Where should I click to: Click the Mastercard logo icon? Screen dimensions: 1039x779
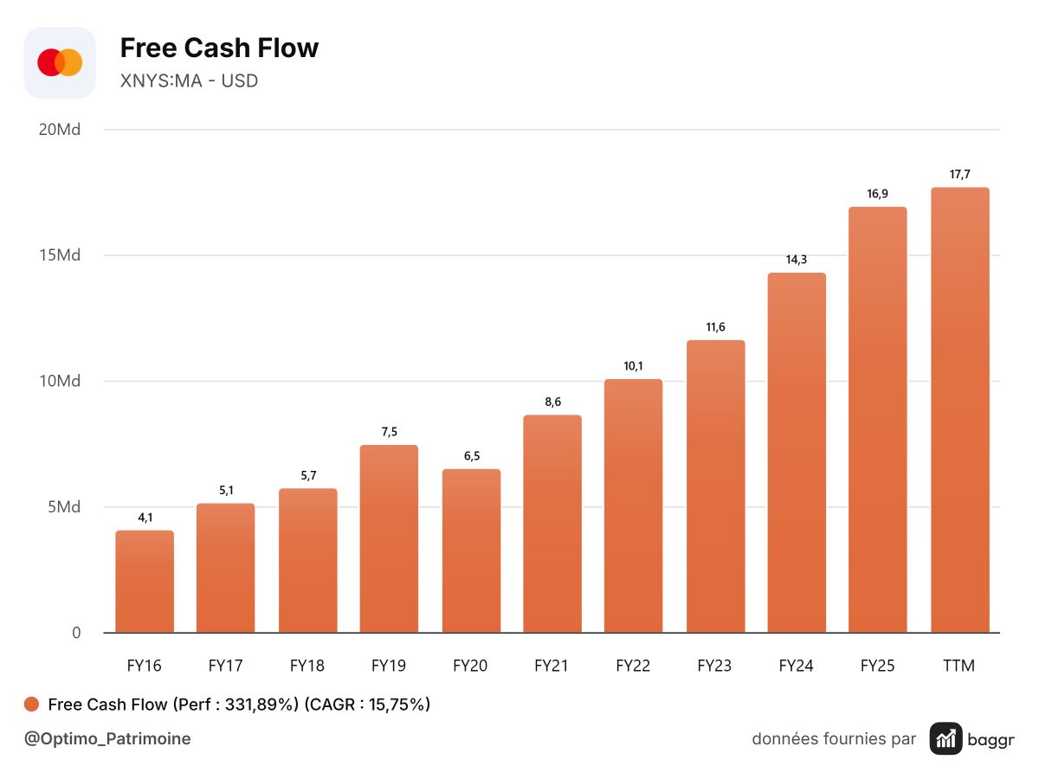60,62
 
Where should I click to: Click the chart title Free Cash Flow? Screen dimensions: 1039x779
219,48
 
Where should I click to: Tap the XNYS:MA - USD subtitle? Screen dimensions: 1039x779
189,80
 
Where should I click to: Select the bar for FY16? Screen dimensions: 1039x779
145,582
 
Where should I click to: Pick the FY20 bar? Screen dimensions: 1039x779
471,550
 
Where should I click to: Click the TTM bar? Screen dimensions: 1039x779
960,410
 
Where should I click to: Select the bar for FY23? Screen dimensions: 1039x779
715,486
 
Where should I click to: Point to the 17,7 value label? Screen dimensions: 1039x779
959,175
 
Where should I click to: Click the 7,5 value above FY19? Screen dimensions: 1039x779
389,432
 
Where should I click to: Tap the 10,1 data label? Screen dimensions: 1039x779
633,366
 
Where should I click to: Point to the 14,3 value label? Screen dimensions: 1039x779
797,260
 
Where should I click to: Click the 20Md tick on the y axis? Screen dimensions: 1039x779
60,130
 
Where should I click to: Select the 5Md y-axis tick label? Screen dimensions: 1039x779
64,507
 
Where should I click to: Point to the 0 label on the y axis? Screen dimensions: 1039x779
76,633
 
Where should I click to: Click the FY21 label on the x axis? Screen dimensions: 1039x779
551,666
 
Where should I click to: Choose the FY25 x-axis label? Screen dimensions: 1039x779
877,666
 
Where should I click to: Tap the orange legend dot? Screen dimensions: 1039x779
31,705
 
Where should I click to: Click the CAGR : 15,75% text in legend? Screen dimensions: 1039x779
367,705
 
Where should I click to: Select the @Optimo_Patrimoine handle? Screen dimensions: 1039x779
107,739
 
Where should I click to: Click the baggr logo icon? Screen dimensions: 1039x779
945,739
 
